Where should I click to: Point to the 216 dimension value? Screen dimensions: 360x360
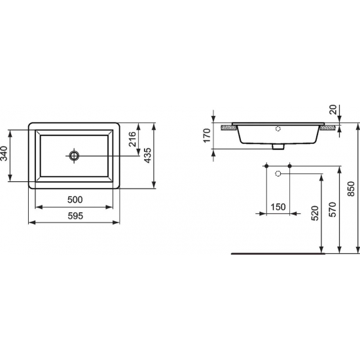tap(133, 139)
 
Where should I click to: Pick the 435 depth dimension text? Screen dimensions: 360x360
tap(149, 156)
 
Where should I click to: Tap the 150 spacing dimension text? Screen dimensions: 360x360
tap(278, 207)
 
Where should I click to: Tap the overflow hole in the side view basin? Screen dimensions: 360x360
tap(278, 129)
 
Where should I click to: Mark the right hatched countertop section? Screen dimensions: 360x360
tap(329, 127)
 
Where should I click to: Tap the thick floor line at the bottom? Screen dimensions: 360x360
tap(276, 253)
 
